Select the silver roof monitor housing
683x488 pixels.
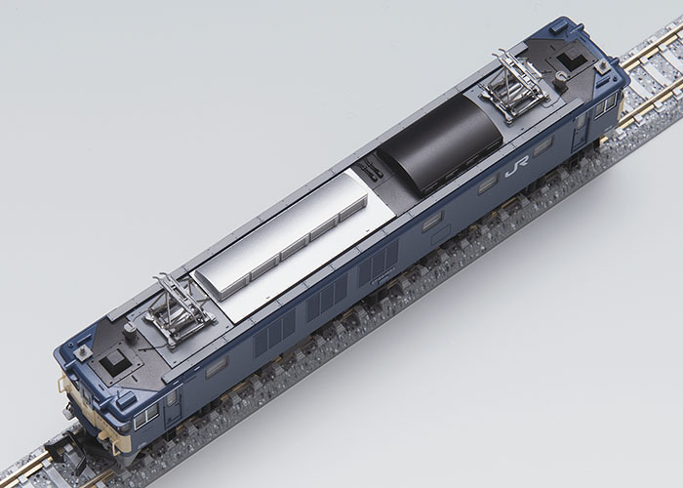coord(283,233)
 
